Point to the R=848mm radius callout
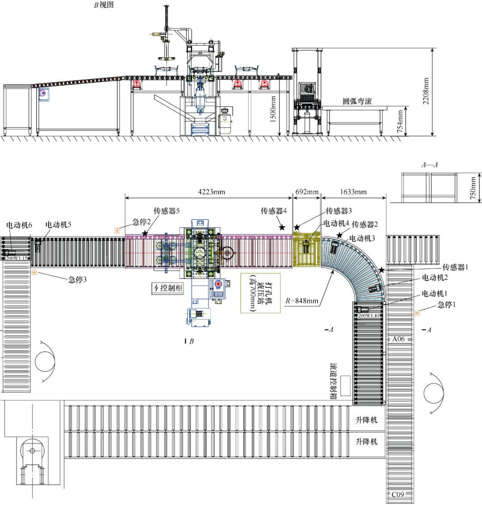(x=302, y=301)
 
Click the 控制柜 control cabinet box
(x=168, y=288)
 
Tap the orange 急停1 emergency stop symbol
(x=417, y=313)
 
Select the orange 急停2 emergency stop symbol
(x=117, y=231)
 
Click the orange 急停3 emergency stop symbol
(x=34, y=272)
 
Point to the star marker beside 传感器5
(x=145, y=233)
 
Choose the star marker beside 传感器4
(x=282, y=227)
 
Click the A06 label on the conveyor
(x=398, y=339)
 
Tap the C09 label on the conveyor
(x=398, y=494)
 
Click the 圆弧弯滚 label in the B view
(x=357, y=101)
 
